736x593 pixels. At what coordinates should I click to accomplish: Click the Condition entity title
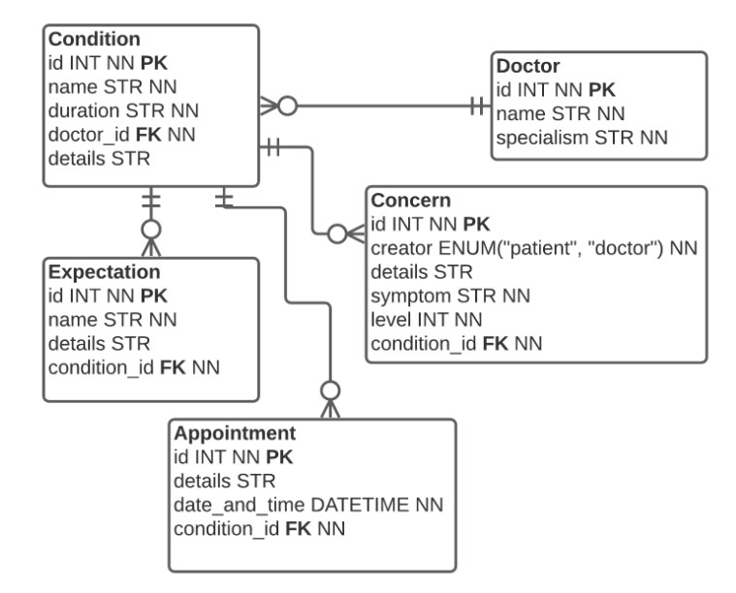point(94,40)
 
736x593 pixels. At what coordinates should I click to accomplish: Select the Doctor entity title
point(529,67)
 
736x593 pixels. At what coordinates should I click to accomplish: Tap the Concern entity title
point(410,202)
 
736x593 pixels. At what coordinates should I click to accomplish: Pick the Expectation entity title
point(105,271)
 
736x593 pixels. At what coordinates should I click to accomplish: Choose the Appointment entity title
point(234,433)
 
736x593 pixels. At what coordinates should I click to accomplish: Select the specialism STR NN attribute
point(579,139)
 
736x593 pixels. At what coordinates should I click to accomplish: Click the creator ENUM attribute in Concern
point(535,249)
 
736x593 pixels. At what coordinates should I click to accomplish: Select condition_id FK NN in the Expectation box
point(133,366)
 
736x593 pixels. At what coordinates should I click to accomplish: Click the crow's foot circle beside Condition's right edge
point(287,104)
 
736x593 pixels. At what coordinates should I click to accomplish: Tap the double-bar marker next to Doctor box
point(476,104)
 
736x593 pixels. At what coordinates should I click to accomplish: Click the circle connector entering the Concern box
point(336,234)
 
